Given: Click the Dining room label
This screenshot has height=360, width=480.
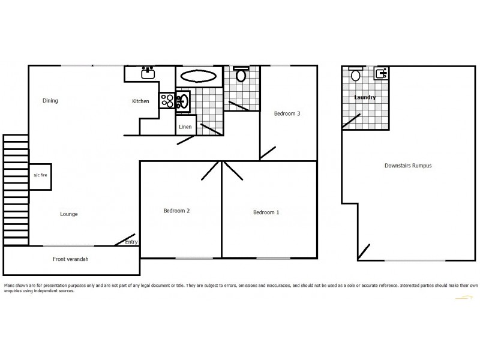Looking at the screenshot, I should (x=50, y=101).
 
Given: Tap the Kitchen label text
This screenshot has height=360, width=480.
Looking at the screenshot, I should (x=140, y=101).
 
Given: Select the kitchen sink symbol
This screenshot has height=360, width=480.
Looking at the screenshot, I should (x=147, y=74).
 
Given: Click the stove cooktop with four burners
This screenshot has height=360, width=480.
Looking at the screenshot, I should (x=167, y=101).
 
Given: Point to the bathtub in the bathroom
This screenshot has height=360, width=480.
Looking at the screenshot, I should (x=199, y=76).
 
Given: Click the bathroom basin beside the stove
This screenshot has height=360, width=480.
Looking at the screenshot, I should (x=184, y=101).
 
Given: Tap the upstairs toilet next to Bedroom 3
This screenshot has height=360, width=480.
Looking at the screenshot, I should (x=241, y=75).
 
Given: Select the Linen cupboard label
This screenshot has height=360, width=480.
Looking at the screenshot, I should (x=184, y=127).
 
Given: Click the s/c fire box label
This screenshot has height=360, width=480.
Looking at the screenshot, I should (x=39, y=176).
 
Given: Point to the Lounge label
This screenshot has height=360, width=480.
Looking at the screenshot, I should (x=68, y=214).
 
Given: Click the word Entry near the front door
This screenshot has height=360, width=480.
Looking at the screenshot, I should (x=131, y=242).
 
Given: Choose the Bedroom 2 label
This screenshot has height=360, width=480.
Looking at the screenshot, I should (x=176, y=211).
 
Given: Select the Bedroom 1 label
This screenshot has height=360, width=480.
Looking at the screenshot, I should (x=266, y=212).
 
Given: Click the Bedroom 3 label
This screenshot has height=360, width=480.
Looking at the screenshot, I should (x=287, y=113).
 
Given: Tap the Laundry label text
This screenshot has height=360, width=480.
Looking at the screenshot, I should (x=365, y=97).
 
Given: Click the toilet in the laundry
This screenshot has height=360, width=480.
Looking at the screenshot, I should (x=355, y=75).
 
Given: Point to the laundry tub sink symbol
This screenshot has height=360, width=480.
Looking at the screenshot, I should (x=379, y=74).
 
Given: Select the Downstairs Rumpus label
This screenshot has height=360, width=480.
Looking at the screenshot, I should (x=408, y=166).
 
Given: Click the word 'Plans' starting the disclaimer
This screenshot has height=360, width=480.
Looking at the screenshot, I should (x=10, y=286).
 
